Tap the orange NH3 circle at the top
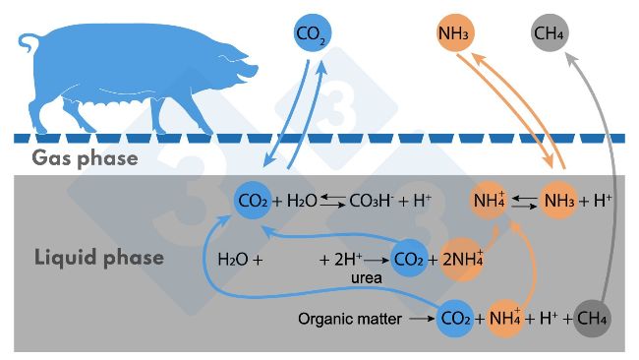coord(453,35)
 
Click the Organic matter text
coord(349,319)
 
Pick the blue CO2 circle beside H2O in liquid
coord(254,201)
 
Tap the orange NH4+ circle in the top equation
coord(490,201)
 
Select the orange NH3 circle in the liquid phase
coord(558,201)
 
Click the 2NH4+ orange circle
coord(462,260)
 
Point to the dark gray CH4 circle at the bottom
coord(592,319)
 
